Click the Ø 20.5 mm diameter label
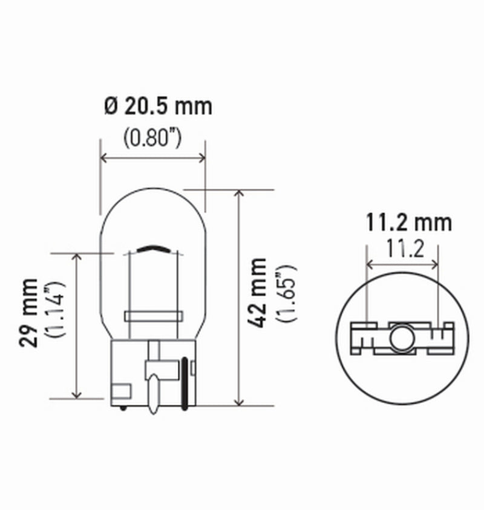tap(158, 106)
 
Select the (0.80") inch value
tap(152, 138)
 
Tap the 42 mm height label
tap(258, 293)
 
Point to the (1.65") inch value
tap(284, 293)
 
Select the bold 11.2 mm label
tap(408, 223)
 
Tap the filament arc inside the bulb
tap(154, 249)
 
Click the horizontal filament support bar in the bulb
tap(153, 316)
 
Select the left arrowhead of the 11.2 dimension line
tap(370, 264)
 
